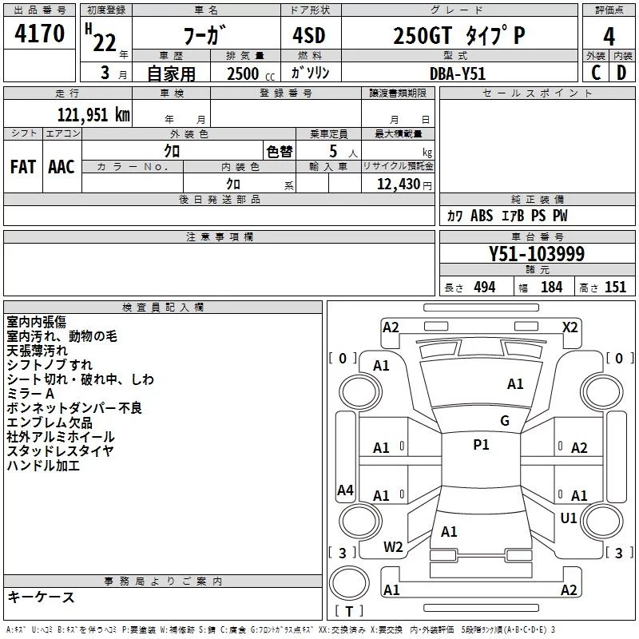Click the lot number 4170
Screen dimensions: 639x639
tap(40, 35)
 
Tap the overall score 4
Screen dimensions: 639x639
tap(609, 36)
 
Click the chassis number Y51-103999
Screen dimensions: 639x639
tap(536, 254)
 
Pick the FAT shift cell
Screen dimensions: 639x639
tap(22, 166)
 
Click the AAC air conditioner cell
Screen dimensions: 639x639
tap(62, 166)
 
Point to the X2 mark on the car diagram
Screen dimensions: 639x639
tap(570, 327)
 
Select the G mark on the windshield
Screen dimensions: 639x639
tap(504, 421)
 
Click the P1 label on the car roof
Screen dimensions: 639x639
tap(481, 445)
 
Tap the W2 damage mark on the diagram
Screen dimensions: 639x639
tap(393, 547)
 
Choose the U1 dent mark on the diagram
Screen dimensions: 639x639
tap(569, 518)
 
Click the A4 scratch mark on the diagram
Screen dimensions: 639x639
tap(345, 490)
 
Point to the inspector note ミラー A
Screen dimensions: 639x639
tap(30, 394)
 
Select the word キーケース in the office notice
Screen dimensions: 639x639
tap(41, 597)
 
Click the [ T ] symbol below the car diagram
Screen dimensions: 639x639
tap(348, 612)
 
